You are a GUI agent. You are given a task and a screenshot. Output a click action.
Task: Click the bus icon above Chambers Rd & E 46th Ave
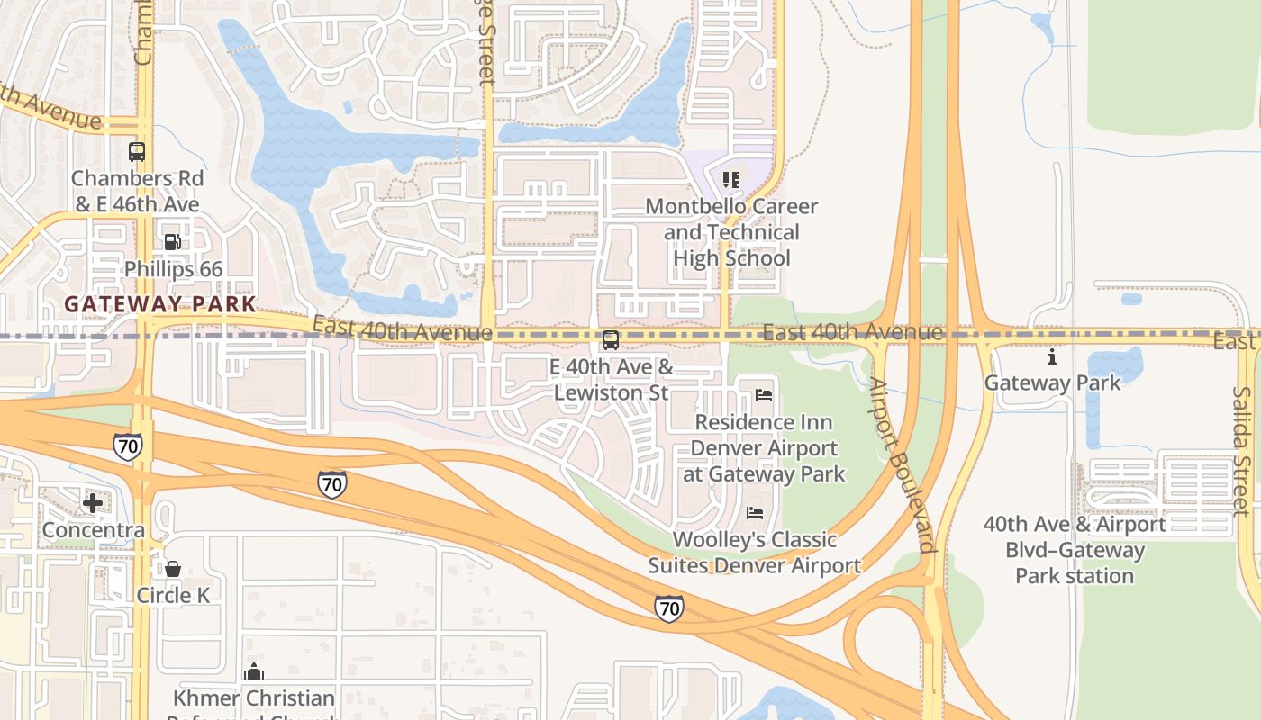[137, 152]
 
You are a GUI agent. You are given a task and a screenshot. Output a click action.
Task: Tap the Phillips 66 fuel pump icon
[172, 242]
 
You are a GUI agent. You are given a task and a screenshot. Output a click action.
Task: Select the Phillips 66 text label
[173, 269]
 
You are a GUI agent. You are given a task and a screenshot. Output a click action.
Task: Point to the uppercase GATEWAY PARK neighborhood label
[160, 304]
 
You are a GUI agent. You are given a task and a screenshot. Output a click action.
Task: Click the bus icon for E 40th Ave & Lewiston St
[611, 340]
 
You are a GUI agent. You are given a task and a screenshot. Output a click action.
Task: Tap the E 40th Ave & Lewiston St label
[612, 380]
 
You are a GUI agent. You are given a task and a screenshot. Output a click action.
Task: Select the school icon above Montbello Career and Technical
[731, 180]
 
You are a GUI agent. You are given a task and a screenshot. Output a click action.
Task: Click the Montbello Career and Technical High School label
[731, 232]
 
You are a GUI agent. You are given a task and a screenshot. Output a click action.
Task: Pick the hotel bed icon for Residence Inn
[764, 395]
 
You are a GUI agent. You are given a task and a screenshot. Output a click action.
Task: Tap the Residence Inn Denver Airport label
[764, 448]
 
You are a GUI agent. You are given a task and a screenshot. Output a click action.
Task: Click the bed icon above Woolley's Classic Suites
[755, 513]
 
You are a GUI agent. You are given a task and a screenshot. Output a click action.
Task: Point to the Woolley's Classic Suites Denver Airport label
[755, 553]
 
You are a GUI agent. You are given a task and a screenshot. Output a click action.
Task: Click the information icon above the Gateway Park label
[1052, 357]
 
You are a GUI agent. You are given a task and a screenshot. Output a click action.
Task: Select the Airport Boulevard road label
[902, 466]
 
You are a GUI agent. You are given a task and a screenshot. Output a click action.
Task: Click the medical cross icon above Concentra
[93, 503]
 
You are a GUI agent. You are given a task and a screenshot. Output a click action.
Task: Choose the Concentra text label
[94, 530]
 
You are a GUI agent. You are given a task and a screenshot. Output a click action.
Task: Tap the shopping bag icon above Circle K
[173, 569]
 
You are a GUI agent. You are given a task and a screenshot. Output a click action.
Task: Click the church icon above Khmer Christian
[254, 671]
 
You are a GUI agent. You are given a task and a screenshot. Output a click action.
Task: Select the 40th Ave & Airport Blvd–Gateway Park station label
[1075, 550]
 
